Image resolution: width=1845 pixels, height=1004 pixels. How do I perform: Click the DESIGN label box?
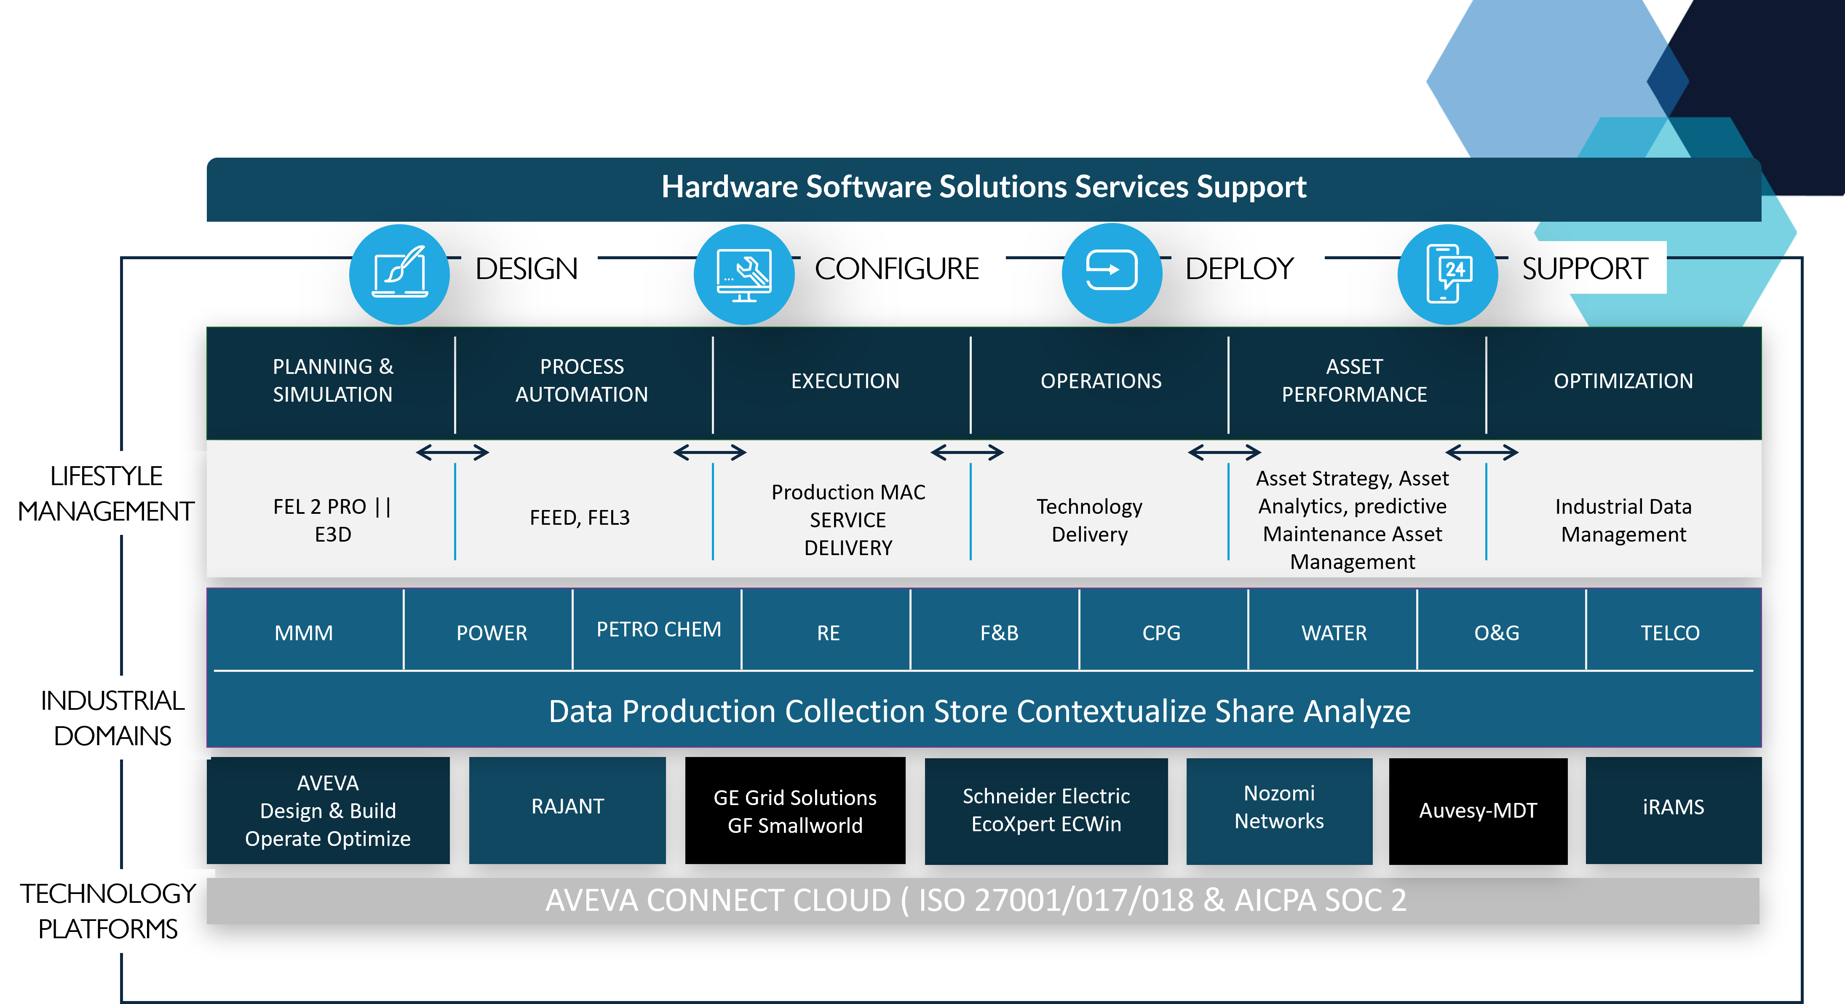pyautogui.click(x=529, y=268)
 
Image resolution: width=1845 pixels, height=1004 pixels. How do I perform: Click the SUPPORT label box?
pyautogui.click(x=1586, y=268)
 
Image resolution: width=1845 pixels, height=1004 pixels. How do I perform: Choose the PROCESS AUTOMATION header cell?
pyautogui.click(x=582, y=381)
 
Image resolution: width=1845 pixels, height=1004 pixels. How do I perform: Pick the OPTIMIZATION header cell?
pyautogui.click(x=1623, y=381)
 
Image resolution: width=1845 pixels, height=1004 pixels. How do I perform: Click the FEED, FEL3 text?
pyautogui.click(x=580, y=518)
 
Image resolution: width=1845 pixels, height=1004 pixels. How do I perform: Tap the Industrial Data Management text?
pyautogui.click(x=1623, y=520)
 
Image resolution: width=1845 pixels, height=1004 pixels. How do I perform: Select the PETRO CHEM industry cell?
pyautogui.click(x=658, y=629)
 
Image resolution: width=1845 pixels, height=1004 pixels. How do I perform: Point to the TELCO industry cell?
pyautogui.click(x=1669, y=633)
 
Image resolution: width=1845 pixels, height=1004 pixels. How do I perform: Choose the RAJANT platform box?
pyautogui.click(x=567, y=807)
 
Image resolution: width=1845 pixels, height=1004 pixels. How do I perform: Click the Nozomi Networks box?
pyautogui.click(x=1279, y=808)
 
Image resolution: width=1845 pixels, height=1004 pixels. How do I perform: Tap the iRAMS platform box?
pyautogui.click(x=1673, y=808)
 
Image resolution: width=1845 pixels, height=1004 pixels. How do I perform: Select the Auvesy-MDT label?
pyautogui.click(x=1478, y=811)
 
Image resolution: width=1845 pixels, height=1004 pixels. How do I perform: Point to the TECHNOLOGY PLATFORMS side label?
pyautogui.click(x=107, y=911)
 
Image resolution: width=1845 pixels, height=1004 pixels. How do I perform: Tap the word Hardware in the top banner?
pyautogui.click(x=729, y=187)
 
